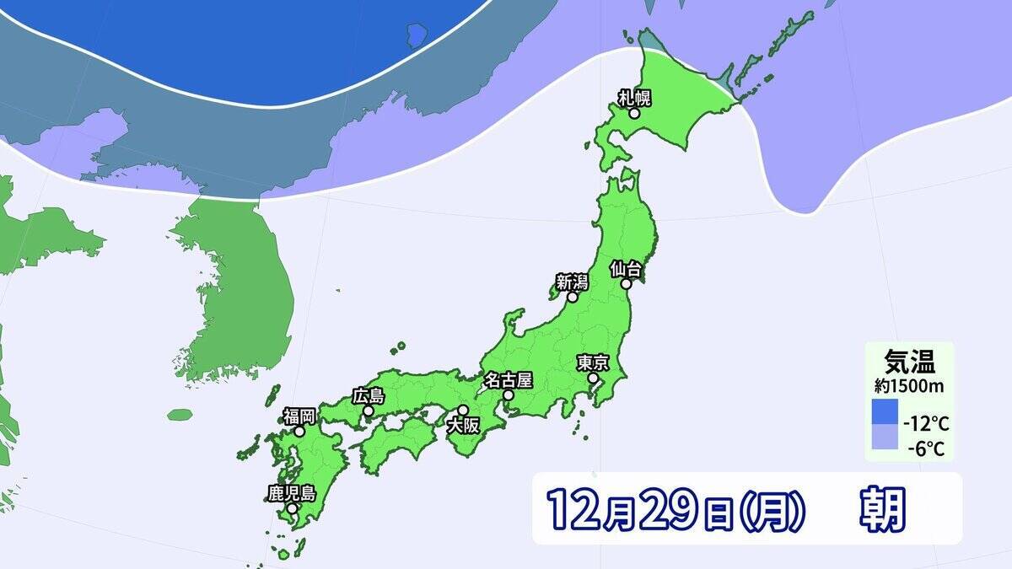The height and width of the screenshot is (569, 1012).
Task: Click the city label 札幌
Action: [635, 97]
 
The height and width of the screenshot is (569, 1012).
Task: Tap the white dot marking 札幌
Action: [634, 112]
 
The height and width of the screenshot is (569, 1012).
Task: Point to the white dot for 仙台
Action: [627, 285]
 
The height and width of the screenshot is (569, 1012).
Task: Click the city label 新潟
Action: [572, 282]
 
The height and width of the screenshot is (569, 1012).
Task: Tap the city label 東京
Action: [593, 363]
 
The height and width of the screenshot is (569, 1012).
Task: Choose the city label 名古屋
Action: [508, 380]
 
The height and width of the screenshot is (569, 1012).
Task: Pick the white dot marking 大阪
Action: [462, 410]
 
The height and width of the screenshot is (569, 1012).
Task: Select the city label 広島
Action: [369, 395]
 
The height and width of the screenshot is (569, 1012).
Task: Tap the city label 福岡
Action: [299, 416]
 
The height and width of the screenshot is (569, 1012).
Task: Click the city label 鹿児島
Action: [291, 493]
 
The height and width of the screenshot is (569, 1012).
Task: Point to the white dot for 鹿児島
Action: [291, 508]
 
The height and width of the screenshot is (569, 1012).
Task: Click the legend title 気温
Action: [907, 362]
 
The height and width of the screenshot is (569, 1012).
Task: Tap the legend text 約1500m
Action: [907, 386]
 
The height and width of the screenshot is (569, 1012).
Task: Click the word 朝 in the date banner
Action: [882, 509]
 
